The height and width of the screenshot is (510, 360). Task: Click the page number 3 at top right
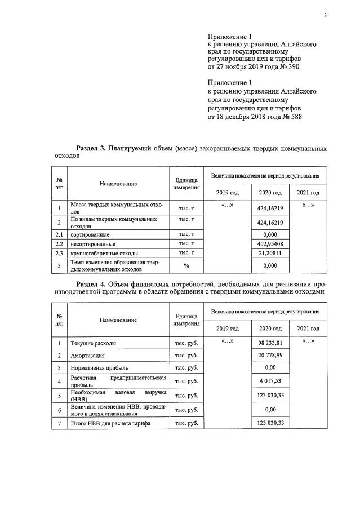point(325,16)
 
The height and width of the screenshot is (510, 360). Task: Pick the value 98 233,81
point(269,343)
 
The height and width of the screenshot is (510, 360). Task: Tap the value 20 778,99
point(269,356)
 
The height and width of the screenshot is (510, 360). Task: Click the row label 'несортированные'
point(93,244)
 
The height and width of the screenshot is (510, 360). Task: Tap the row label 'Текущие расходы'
point(94,343)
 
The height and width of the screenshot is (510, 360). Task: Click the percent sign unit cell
point(186,265)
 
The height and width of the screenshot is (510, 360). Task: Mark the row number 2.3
point(59,254)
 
